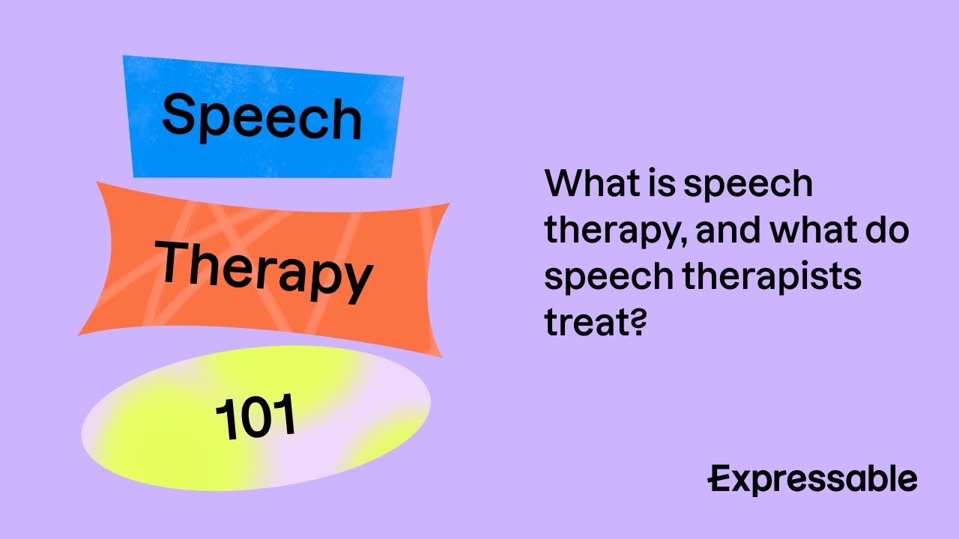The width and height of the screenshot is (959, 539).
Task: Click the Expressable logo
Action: [813, 480]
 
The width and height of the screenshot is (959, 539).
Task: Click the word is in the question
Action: [662, 184]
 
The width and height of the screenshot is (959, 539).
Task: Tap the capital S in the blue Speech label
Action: [178, 114]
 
